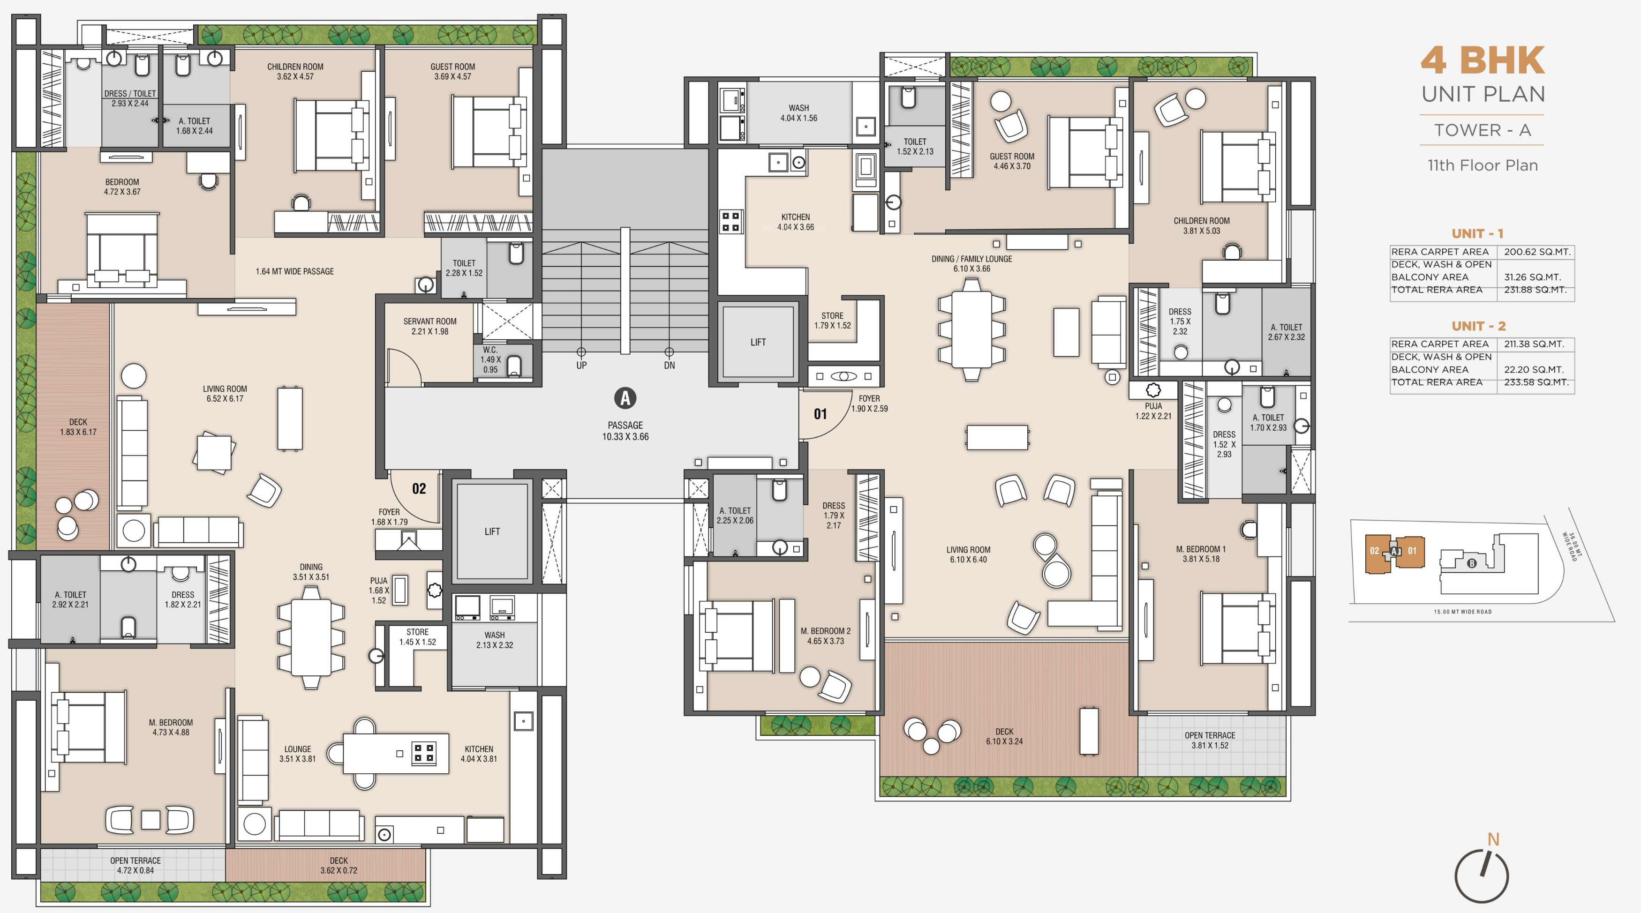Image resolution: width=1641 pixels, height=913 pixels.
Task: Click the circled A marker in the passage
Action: click(x=625, y=398)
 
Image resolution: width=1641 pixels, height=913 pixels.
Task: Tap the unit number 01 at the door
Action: click(x=820, y=414)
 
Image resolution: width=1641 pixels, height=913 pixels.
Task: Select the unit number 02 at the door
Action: click(x=419, y=488)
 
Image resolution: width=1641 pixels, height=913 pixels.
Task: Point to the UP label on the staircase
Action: click(x=581, y=366)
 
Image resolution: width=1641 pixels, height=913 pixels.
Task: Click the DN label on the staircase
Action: click(x=669, y=366)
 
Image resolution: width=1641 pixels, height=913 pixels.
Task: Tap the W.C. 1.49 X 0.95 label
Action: click(x=490, y=360)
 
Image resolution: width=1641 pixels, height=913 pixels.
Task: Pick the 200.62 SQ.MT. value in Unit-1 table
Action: click(x=1537, y=252)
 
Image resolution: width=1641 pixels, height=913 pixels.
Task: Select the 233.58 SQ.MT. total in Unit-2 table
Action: click(x=1536, y=382)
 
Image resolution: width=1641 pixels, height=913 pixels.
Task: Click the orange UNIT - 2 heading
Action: click(x=1479, y=326)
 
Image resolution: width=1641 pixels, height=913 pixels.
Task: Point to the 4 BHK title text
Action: click(x=1483, y=60)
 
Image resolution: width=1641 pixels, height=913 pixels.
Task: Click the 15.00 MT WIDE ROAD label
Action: click(x=1463, y=612)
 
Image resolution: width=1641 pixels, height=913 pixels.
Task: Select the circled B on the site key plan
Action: click(x=1472, y=563)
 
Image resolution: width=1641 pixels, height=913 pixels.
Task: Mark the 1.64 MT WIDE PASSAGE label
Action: click(x=294, y=271)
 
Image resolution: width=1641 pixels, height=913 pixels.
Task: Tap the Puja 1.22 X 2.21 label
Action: click(x=1153, y=411)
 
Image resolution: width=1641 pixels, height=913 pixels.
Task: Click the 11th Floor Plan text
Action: click(x=1483, y=165)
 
